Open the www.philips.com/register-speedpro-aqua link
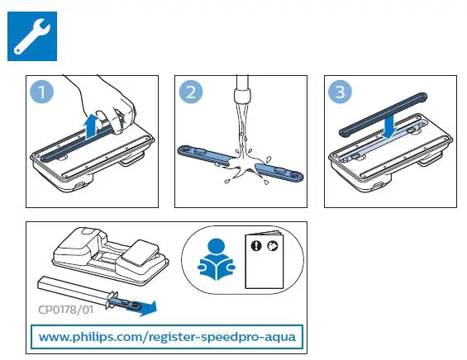(x=164, y=337)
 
